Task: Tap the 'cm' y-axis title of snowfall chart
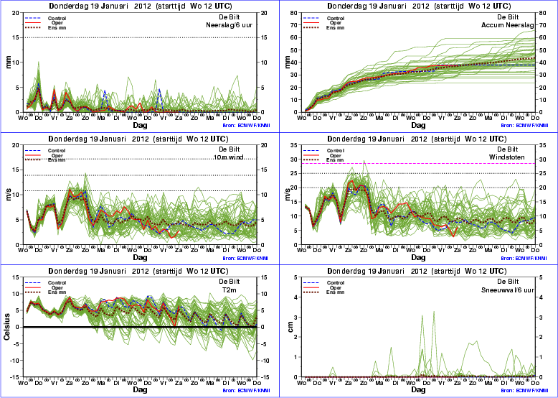(x=290, y=327)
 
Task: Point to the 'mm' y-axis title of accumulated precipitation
(x=289, y=63)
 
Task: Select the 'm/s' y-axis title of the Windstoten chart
(x=289, y=195)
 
